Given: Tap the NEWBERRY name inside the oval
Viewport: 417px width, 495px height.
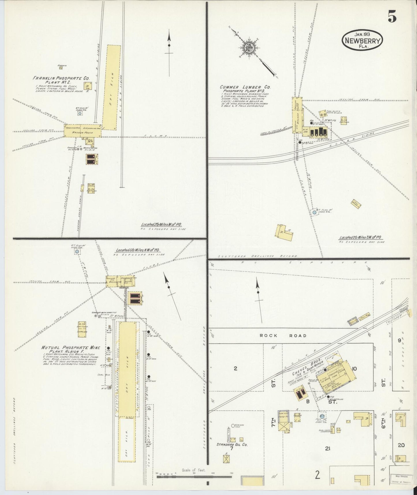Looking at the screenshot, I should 363,41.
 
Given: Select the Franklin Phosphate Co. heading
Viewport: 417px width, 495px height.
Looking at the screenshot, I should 61,78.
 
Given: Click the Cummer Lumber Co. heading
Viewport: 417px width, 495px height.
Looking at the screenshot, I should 245,87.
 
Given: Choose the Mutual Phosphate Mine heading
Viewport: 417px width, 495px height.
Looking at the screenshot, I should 70,347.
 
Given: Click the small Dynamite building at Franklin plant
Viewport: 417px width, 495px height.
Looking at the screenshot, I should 61,68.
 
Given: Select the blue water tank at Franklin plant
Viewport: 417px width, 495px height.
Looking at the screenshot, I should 80,113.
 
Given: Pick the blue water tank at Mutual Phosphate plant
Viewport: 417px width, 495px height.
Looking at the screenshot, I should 77,252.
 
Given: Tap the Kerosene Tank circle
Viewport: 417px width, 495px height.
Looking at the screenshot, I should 233,426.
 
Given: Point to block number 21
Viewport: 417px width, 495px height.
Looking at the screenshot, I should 327,449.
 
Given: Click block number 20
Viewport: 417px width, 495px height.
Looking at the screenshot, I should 401,445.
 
